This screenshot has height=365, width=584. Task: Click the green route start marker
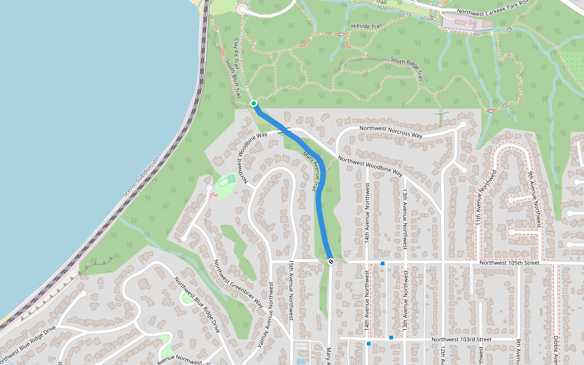(x=254, y=103)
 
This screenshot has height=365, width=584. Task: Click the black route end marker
(x=330, y=262)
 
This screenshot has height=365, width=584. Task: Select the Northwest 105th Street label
(x=509, y=263)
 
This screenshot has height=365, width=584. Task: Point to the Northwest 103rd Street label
(x=461, y=339)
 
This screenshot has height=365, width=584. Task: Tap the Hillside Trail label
(x=366, y=26)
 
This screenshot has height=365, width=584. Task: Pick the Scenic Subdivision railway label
(x=141, y=176)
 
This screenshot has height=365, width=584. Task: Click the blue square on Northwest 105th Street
(x=383, y=263)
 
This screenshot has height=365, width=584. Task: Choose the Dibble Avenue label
(x=556, y=350)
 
